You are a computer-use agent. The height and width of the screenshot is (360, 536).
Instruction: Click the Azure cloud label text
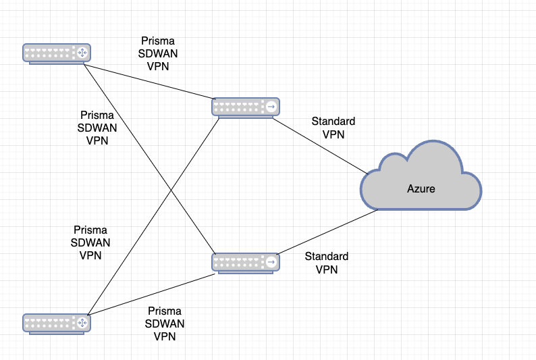pos(421,189)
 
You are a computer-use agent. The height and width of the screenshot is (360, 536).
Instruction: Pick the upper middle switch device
pos(245,107)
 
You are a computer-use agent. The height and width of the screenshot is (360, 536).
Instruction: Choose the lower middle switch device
pos(245,261)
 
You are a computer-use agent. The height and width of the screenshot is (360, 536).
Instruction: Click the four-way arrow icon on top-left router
pos(82,53)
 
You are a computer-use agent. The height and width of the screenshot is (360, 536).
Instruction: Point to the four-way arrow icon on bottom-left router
pos(82,322)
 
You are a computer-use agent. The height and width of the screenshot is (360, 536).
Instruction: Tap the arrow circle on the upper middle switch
pos(271,107)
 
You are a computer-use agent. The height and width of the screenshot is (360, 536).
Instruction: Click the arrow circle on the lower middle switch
pos(271,261)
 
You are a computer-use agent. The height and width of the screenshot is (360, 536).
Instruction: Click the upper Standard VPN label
pos(333,128)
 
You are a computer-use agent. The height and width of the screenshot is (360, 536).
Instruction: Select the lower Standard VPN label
pos(326,263)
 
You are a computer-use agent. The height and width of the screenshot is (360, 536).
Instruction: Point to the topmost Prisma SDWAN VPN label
pos(157,53)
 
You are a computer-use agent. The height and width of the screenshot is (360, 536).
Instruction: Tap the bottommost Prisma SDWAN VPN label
pos(165,324)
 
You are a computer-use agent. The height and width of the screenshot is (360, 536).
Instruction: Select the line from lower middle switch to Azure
pos(327,231)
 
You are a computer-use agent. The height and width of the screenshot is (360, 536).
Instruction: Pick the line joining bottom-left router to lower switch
pos(153,294)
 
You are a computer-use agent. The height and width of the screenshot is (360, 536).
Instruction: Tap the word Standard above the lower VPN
pos(326,257)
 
